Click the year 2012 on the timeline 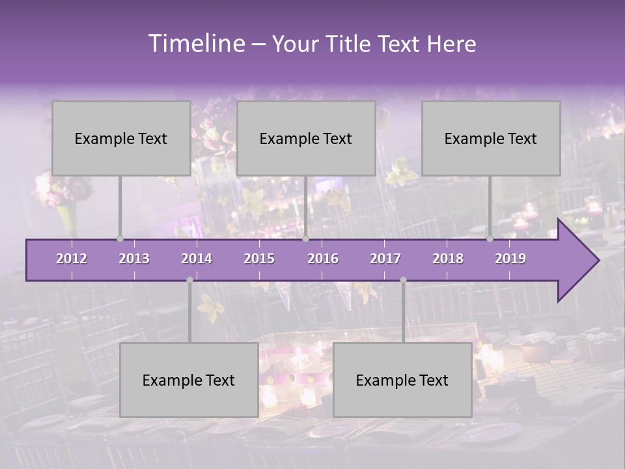click(x=72, y=259)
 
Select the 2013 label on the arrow click(x=134, y=259)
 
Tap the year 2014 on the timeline click(x=197, y=259)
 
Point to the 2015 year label click(x=259, y=259)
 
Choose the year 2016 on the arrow click(x=323, y=259)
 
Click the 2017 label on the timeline click(x=385, y=259)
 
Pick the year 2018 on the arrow click(x=448, y=259)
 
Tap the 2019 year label click(x=510, y=259)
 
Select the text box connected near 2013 click(x=121, y=138)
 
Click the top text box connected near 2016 click(x=306, y=138)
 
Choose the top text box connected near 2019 click(x=491, y=138)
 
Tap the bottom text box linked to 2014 click(x=189, y=380)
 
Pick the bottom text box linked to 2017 click(x=402, y=380)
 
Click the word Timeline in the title click(x=196, y=44)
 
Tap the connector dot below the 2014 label click(x=189, y=280)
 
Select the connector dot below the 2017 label click(x=403, y=280)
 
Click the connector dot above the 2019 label click(x=490, y=239)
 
